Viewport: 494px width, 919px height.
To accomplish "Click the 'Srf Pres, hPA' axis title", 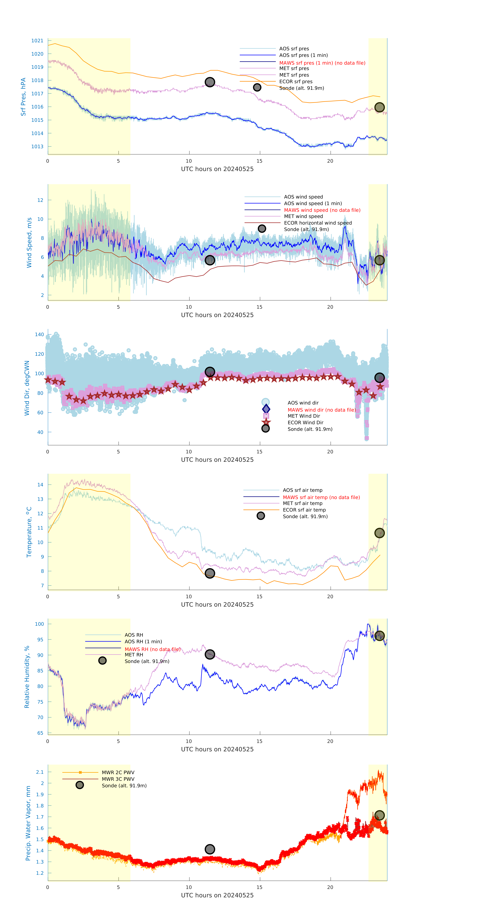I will (23, 97).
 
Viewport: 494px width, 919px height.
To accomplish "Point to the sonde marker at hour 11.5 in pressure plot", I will (210, 82).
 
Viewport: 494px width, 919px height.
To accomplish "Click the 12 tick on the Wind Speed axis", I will (40, 200).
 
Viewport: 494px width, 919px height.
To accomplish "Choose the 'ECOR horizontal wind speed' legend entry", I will (318, 223).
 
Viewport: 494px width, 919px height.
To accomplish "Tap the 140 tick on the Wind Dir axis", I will (39, 335).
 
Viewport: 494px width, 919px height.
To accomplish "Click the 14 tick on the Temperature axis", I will (40, 485).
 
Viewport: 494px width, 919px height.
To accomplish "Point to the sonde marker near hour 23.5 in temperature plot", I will (379, 533).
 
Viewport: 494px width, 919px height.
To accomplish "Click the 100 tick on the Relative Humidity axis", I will (39, 624).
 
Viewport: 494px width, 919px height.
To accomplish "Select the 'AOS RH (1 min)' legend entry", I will (143, 641).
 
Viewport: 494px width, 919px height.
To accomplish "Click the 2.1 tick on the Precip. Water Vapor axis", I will (40, 772).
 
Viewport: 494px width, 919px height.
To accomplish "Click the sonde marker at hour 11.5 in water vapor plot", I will (210, 849).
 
